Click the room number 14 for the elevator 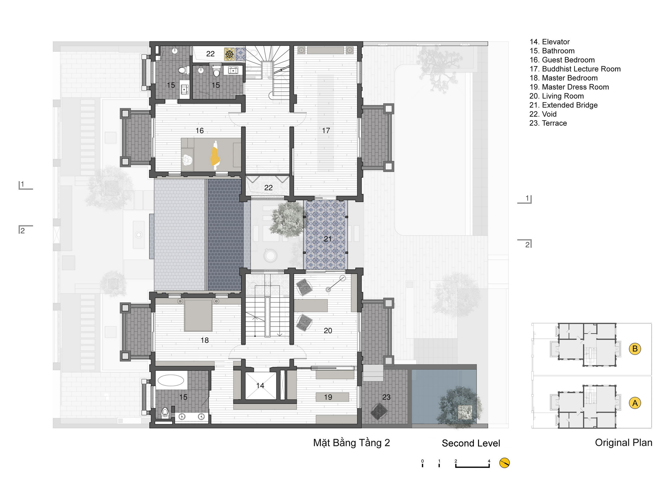coord(260,385)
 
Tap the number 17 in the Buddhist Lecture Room coord(326,131)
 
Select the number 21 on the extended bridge coord(327,239)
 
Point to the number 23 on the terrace coord(386,397)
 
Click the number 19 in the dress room coord(328,397)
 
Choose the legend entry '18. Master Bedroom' coord(563,78)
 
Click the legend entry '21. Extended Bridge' coord(563,105)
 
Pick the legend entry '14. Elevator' coord(549,42)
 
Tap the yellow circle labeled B coord(635,349)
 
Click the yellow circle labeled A coord(635,403)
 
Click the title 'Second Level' coord(471,443)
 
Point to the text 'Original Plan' coord(623,443)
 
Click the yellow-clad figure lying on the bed coord(215,155)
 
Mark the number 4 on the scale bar coord(489,461)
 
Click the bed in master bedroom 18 coord(198,315)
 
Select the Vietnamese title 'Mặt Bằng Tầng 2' coord(351,443)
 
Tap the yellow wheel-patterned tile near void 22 coord(229,54)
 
